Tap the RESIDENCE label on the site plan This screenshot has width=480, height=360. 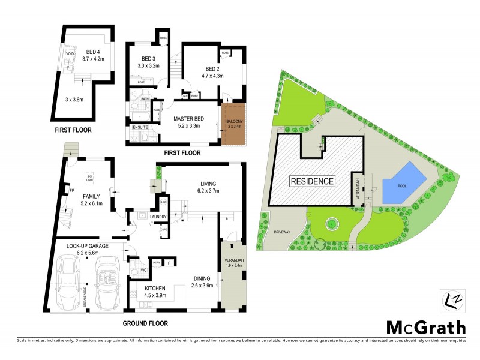[x=312, y=181]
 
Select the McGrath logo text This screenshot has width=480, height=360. [x=425, y=328]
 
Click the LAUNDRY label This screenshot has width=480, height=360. [x=142, y=217]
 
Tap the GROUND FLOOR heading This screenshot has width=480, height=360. [x=146, y=323]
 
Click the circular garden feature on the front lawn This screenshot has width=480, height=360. [x=331, y=224]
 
